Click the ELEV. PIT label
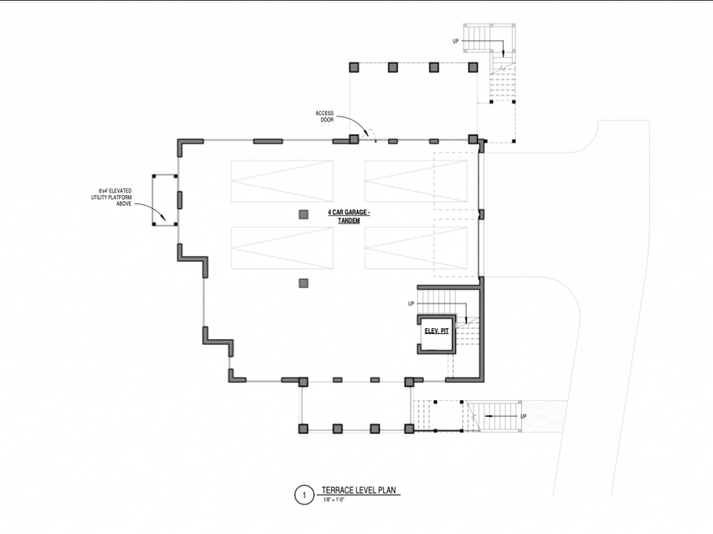tap(436, 332)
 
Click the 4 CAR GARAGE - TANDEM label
tap(349, 216)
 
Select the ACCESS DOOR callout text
tap(325, 116)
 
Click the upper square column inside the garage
tap(304, 214)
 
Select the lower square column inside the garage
tap(304, 282)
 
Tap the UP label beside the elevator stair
tap(411, 304)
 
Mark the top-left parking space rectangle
tap(282, 181)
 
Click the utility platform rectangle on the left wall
tap(165, 199)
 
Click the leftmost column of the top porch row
tap(354, 67)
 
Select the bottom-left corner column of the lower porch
tap(303, 428)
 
